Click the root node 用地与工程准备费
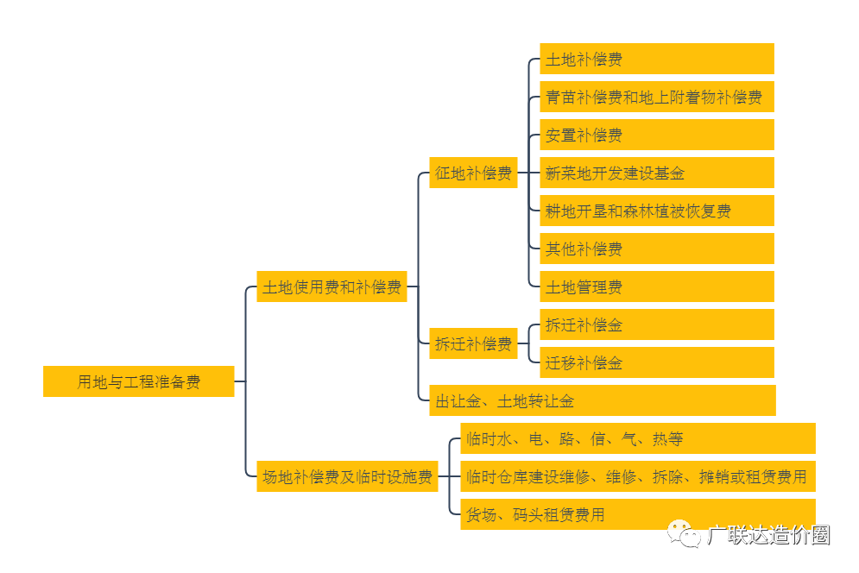coord(139,381)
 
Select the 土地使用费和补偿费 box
coord(332,286)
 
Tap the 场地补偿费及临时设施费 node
coord(347,476)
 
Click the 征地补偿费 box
coord(473,173)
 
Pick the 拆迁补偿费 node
coord(473,343)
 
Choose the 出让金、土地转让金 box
coord(602,400)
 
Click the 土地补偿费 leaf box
coord(656,60)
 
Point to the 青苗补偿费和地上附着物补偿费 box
coord(656,98)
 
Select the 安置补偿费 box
coord(656,135)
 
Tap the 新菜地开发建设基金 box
coord(656,173)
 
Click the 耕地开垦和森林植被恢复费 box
coord(656,211)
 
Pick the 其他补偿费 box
coord(656,249)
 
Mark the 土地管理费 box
coord(656,286)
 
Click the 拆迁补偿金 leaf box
coord(656,324)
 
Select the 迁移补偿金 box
coord(656,362)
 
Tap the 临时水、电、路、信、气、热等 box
coord(637,438)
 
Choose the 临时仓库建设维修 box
coord(637,476)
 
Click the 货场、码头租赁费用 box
coord(637,514)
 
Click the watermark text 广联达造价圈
coord(767,535)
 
